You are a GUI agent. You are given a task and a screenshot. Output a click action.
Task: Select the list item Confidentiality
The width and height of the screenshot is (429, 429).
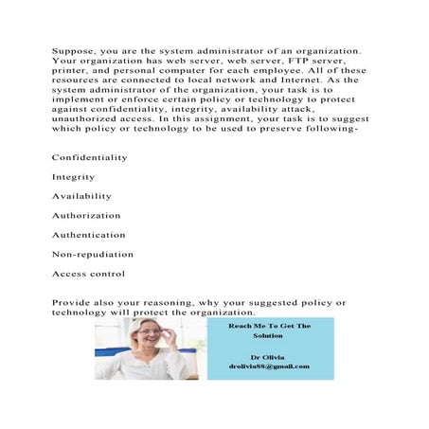tap(90, 157)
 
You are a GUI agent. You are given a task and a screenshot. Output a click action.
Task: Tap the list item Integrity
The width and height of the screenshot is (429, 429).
tap(73, 177)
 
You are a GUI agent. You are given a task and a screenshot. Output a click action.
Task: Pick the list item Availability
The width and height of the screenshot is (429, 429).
tap(81, 196)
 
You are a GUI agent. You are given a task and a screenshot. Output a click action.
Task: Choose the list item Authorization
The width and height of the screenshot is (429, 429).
tap(86, 216)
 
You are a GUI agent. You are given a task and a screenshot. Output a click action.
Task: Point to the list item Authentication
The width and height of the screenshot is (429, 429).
tap(88, 235)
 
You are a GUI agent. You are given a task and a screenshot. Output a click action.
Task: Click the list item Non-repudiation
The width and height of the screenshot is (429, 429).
tap(92, 254)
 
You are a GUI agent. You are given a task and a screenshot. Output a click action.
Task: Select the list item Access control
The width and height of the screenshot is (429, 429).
tap(88, 274)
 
